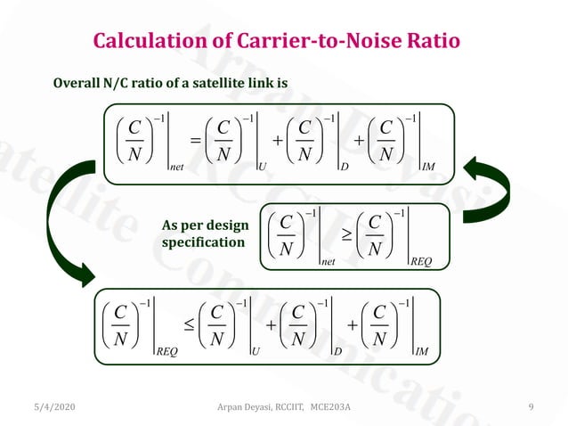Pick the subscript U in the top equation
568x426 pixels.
point(264,166)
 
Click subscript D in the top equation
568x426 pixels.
point(344,166)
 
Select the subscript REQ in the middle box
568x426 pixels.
point(421,261)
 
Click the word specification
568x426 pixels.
point(201,242)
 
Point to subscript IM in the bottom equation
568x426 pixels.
point(422,353)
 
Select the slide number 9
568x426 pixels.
point(531,408)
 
